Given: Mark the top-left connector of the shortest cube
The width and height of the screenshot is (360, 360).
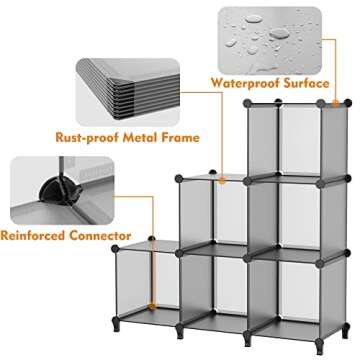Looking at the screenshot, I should click(x=115, y=245).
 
